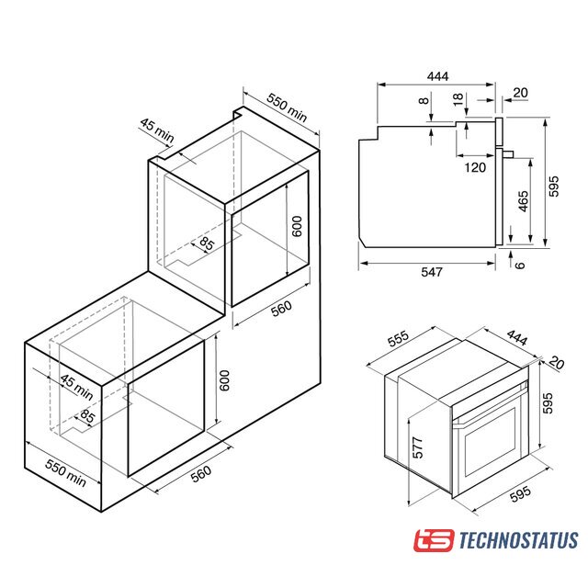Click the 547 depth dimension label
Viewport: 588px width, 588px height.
[432, 272]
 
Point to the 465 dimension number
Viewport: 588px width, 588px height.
[523, 201]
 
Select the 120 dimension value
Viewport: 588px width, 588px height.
[475, 167]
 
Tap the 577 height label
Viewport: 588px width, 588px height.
[417, 447]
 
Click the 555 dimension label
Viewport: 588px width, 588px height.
[398, 338]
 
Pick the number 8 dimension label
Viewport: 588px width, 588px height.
[424, 100]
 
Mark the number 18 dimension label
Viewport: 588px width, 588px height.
[458, 99]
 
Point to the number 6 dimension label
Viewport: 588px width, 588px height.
[519, 266]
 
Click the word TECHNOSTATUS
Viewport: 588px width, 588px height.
[518, 540]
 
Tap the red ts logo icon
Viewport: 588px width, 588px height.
[434, 540]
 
